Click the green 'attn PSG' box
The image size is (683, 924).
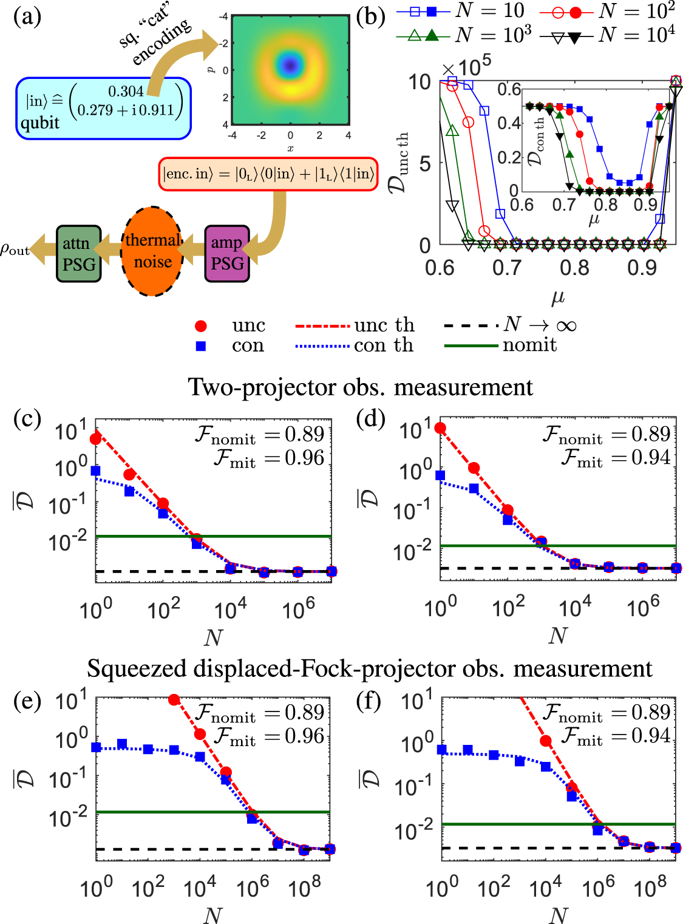[78, 254]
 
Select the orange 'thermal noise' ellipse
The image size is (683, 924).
[152, 251]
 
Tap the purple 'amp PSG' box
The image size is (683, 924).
[227, 253]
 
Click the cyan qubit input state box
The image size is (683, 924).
[103, 108]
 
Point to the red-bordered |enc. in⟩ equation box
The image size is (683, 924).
[268, 174]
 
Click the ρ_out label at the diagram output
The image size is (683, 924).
[15, 249]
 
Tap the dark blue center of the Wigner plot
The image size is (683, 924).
[290, 64]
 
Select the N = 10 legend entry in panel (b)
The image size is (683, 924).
[461, 10]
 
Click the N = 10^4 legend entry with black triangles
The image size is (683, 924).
[607, 35]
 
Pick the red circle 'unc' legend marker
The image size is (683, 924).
[201, 326]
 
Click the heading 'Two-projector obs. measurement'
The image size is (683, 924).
[361, 387]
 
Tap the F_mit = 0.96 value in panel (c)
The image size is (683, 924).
[270, 458]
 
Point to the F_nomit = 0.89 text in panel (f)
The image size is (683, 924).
[607, 712]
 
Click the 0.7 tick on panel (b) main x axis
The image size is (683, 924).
[507, 267]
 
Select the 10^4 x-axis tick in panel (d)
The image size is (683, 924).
[575, 606]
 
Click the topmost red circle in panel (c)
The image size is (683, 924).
[95, 439]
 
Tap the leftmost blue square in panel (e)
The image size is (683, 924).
[96, 747]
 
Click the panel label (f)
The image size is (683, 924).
[369, 701]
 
